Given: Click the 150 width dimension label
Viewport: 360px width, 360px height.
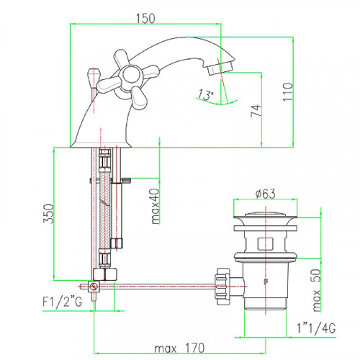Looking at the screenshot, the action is click(145, 19).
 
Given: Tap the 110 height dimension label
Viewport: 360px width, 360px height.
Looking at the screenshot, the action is click(288, 92).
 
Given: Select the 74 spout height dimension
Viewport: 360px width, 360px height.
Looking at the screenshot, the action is click(256, 111).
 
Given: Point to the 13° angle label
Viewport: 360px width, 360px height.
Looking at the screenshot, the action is click(205, 95).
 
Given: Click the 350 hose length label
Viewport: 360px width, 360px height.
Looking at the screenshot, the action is click(48, 213).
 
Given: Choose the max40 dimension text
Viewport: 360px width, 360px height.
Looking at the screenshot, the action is click(156, 206).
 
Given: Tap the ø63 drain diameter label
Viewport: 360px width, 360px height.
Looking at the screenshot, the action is click(266, 194).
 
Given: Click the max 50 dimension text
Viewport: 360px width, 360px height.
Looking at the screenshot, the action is click(317, 290).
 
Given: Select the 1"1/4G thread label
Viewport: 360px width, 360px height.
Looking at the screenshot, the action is click(316, 328).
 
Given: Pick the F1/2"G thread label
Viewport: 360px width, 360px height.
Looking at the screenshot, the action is click(62, 302).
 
